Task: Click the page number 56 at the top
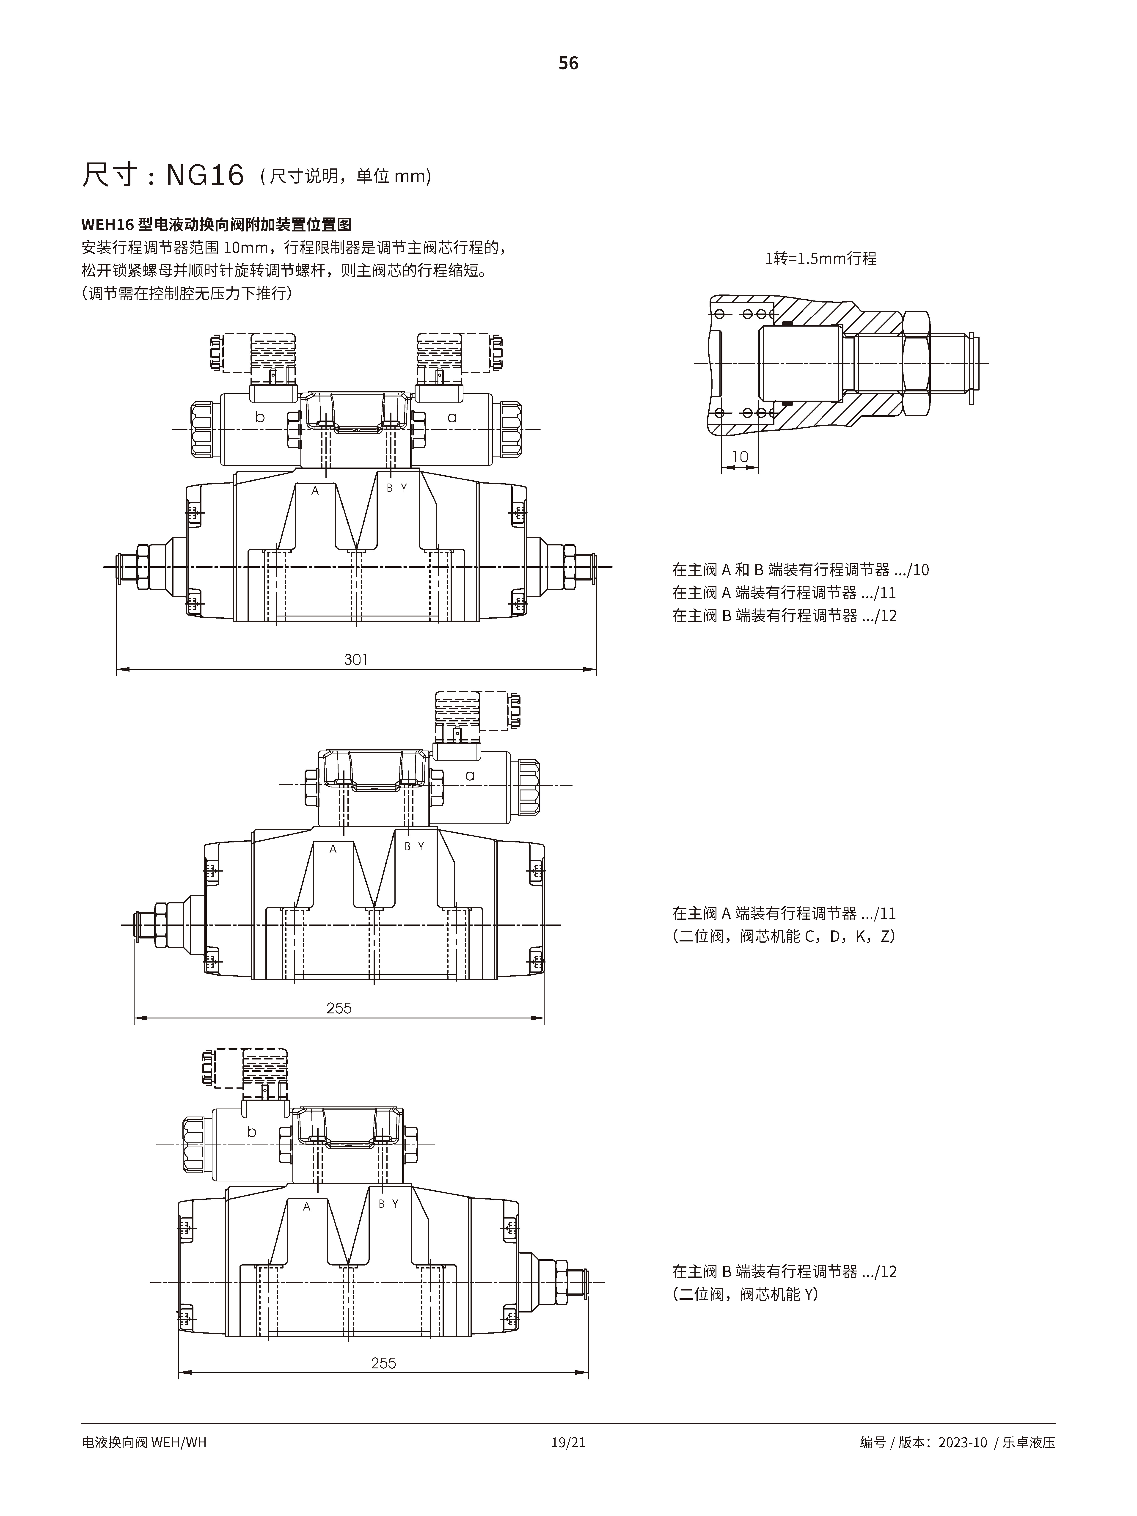[x=568, y=63]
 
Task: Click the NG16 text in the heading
[x=205, y=176]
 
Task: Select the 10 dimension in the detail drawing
[x=740, y=457]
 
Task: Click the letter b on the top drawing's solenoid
[x=260, y=417]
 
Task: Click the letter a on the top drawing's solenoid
[x=452, y=417]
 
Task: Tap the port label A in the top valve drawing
[x=315, y=491]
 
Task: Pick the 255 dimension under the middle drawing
[x=339, y=1008]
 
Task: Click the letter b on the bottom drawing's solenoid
[x=251, y=1132]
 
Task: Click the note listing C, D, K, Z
[x=783, y=936]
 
